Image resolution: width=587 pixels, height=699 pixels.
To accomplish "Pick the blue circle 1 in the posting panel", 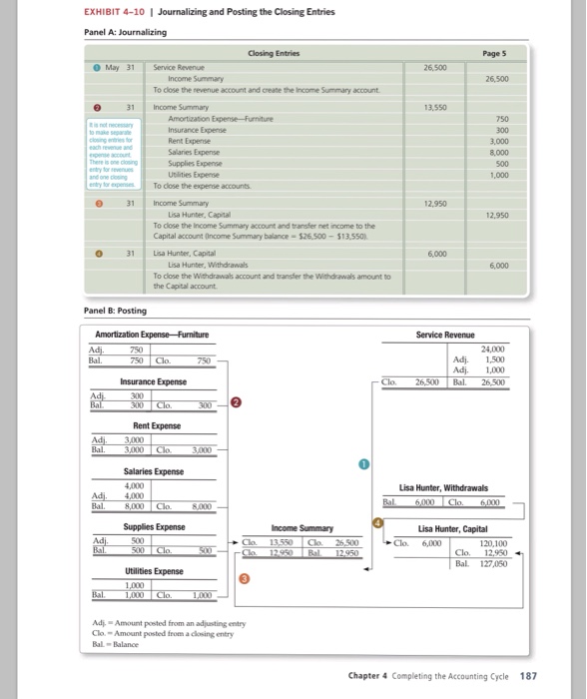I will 364,462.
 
